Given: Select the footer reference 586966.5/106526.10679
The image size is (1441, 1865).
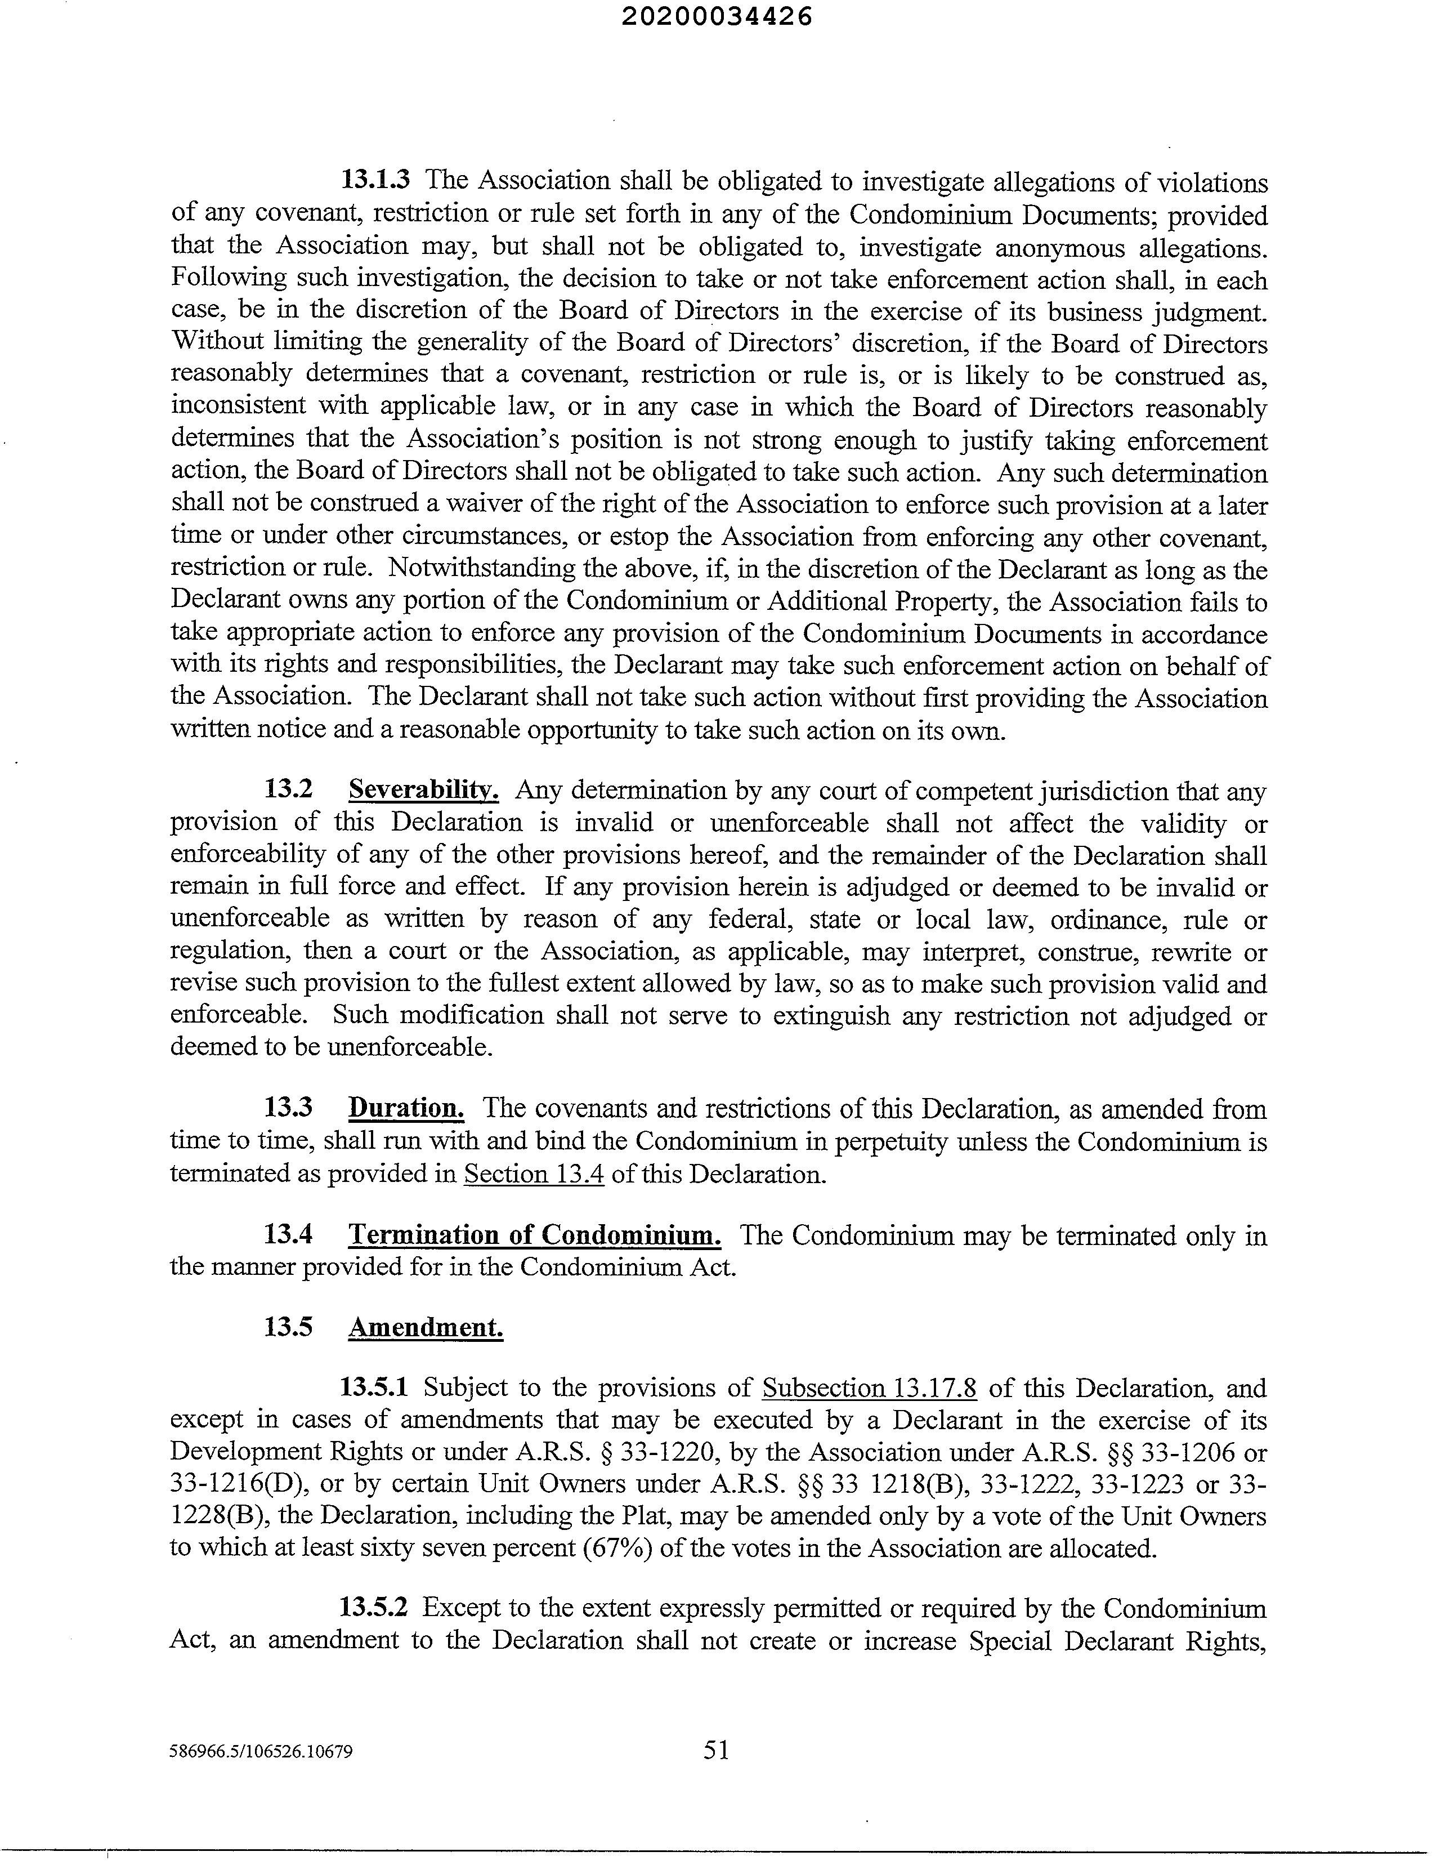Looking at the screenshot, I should click(x=261, y=1752).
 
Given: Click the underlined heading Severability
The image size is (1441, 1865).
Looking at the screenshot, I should click(x=423, y=790).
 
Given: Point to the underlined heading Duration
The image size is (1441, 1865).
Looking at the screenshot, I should click(x=406, y=1108).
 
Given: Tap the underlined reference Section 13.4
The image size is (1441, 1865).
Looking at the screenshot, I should click(x=534, y=1174).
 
